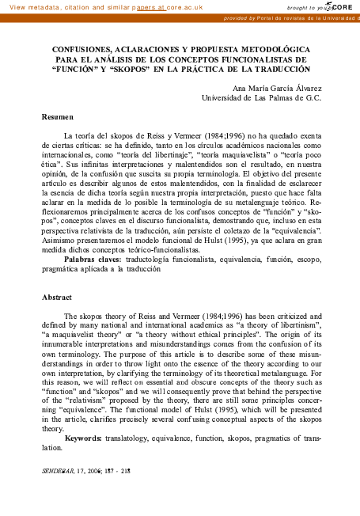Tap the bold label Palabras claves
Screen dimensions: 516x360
(x=93, y=259)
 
